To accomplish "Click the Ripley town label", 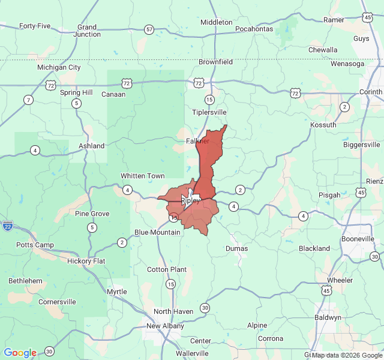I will [190, 201].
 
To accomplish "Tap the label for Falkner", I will [198, 141].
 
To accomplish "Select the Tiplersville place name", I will [209, 112].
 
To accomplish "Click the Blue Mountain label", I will [157, 232].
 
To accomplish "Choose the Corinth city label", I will [370, 92].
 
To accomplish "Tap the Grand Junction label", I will [88, 31].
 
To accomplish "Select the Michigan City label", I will [59, 67].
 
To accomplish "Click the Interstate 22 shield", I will [8, 226].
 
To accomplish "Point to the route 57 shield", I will [149, 29].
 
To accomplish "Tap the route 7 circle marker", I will [28, 99].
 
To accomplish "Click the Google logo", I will [20, 353].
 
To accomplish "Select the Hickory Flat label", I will [86, 261].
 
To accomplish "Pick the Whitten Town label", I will [143, 176].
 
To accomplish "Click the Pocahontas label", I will [254, 28].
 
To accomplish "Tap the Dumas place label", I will [236, 248].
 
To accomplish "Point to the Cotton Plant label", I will [167, 269].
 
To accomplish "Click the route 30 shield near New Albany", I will [205, 308].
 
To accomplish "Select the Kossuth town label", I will [324, 124].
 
